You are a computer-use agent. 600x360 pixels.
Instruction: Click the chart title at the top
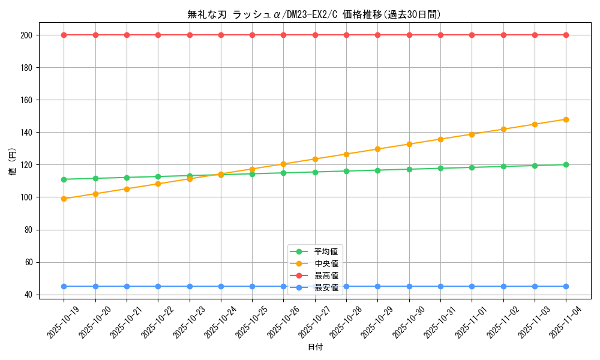coord(314,14)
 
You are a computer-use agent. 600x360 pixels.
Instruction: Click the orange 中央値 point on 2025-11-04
coord(566,119)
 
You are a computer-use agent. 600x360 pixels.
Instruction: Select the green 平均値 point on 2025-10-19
coord(64,179)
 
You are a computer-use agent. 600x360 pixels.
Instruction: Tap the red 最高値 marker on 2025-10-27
coord(315,35)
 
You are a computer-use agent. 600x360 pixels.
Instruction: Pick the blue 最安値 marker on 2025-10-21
coord(127,286)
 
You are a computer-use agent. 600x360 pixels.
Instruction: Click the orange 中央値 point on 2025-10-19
coord(64,199)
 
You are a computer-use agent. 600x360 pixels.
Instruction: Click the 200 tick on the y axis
coord(26,35)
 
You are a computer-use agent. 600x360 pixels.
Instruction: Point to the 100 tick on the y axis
coord(26,197)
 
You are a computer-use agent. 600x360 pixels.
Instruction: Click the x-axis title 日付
coord(315,347)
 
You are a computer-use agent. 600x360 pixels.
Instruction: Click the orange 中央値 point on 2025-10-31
coord(440,139)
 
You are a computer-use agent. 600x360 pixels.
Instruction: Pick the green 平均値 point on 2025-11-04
coord(566,164)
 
